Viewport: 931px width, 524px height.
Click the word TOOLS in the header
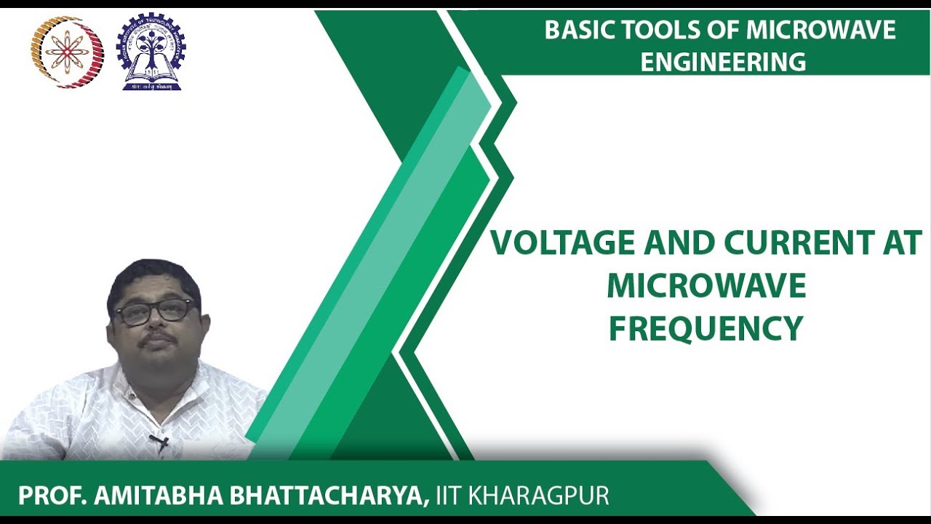[x=652, y=31]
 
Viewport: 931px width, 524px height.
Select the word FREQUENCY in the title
[x=706, y=328]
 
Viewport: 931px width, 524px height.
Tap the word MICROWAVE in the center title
[x=706, y=286]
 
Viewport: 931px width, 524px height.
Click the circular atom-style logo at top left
[x=67, y=52]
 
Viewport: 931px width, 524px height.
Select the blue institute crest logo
[x=151, y=52]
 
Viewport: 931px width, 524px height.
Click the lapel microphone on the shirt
[x=160, y=441]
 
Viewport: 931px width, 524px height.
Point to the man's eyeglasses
[x=154, y=311]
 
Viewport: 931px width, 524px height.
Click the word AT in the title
[x=902, y=243]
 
